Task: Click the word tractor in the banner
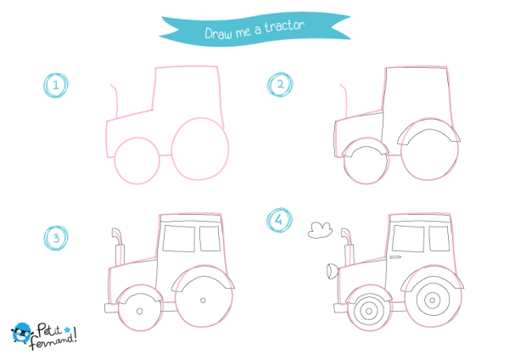[x=285, y=26]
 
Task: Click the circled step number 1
[x=56, y=86]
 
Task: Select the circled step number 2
[x=280, y=84]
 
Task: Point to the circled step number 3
[x=56, y=238]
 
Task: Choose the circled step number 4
[x=279, y=220]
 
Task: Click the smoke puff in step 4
[x=320, y=230]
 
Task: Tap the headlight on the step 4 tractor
[x=332, y=272]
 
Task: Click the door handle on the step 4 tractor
[x=395, y=257]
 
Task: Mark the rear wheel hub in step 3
[x=204, y=301]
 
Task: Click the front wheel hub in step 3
[x=140, y=312]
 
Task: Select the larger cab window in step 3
[x=179, y=239]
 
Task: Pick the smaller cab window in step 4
[x=439, y=239]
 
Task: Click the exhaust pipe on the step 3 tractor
[x=119, y=247]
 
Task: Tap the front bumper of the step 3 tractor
[x=111, y=308]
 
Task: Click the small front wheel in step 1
[x=137, y=160]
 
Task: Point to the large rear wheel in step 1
[x=200, y=149]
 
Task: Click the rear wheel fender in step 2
[x=428, y=132]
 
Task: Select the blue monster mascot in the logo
[x=21, y=333]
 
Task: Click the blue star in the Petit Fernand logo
[x=67, y=329]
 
